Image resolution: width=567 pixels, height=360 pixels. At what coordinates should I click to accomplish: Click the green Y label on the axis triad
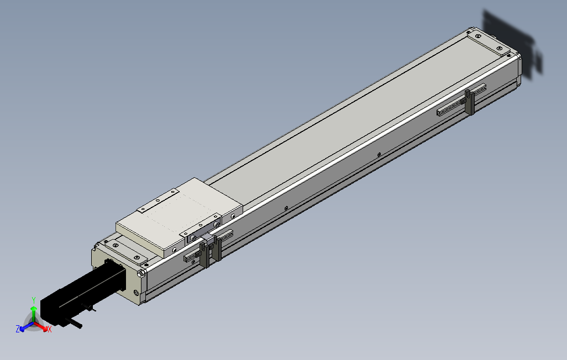coord(34,299)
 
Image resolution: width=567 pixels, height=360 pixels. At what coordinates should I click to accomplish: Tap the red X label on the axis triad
coord(49,329)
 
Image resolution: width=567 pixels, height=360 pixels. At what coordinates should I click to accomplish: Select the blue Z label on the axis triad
coord(18,329)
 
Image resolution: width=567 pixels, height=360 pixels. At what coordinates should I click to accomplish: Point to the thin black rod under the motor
coord(74,323)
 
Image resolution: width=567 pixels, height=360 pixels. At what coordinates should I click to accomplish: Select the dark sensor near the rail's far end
coord(470,102)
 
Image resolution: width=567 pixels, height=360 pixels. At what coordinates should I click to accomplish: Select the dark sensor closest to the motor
coord(204,255)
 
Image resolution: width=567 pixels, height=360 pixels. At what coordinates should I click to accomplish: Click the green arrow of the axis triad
coord(34,313)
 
